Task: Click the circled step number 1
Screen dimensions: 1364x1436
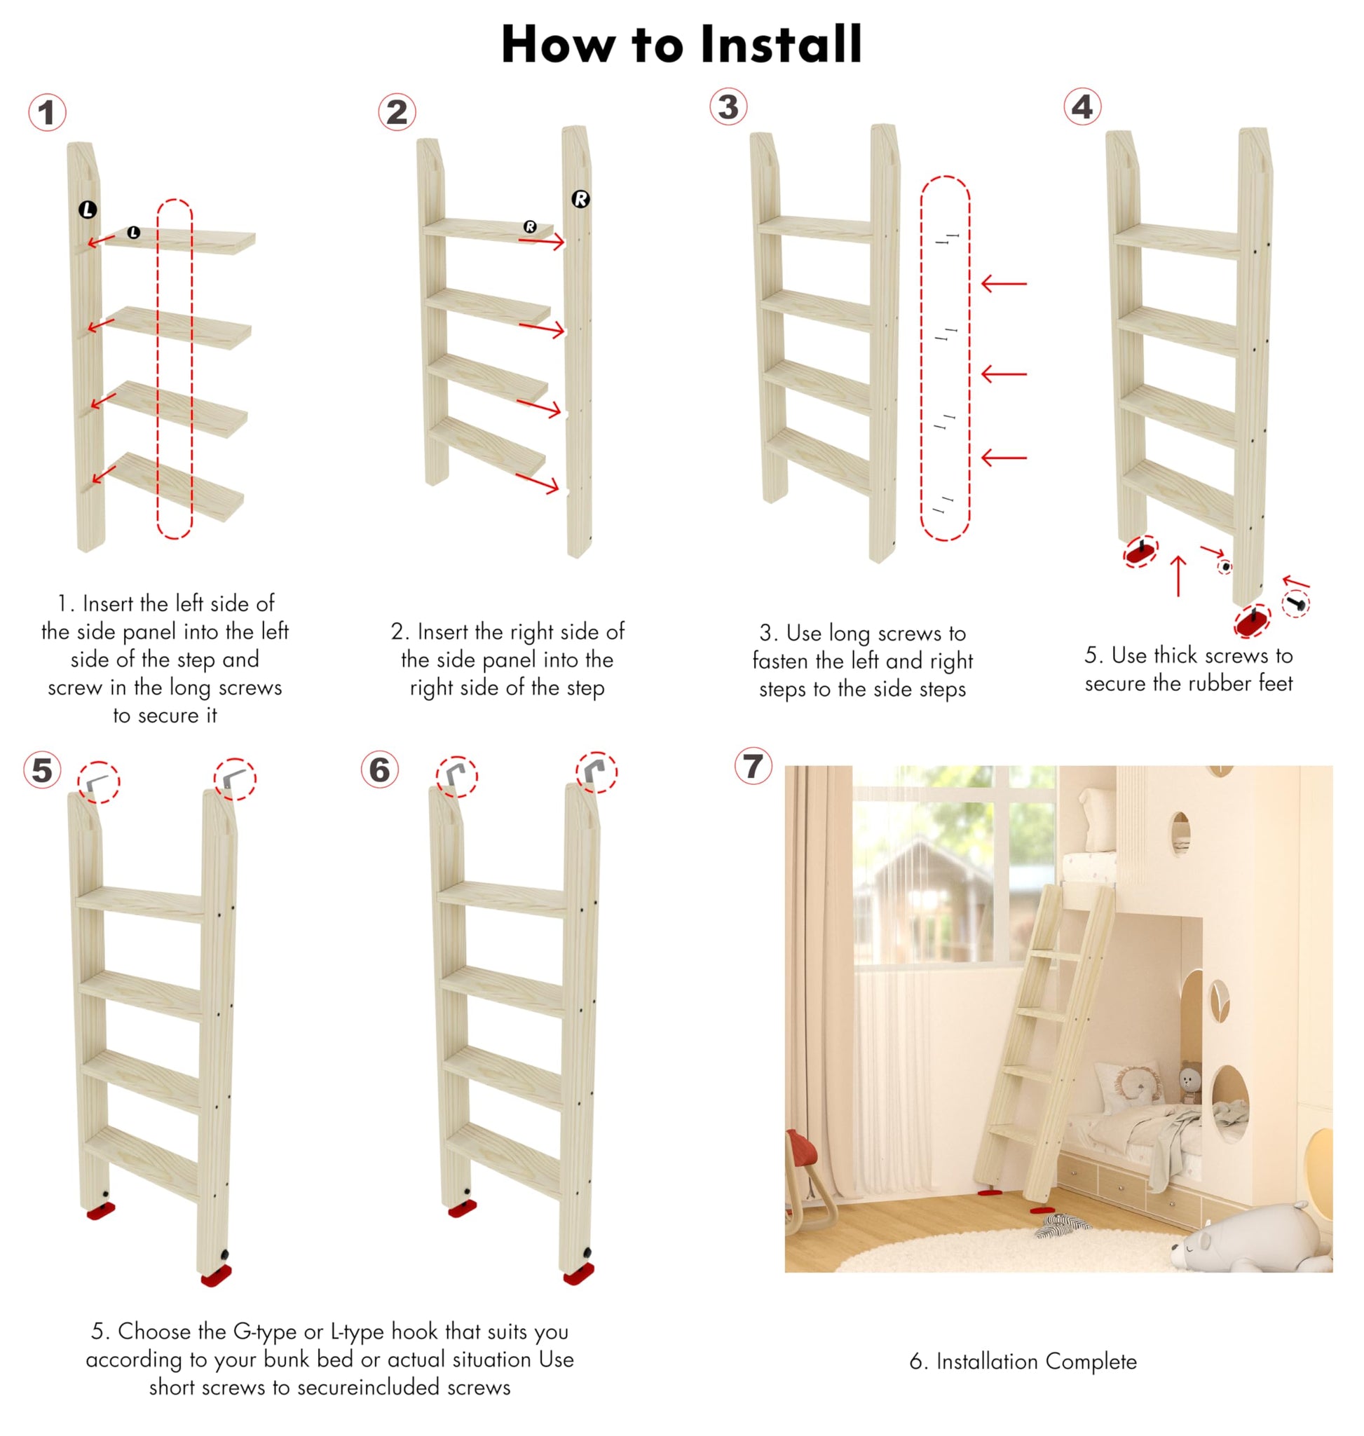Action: pos(47,113)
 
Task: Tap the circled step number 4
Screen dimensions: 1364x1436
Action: pos(1082,108)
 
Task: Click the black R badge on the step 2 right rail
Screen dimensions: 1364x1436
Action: pos(580,198)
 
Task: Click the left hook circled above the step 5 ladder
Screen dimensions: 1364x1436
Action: pos(97,783)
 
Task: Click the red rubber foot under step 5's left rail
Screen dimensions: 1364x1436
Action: pos(100,1210)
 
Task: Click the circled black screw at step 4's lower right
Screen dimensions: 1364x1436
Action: pos(1295,603)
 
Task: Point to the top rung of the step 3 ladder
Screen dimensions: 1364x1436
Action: pos(815,228)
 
